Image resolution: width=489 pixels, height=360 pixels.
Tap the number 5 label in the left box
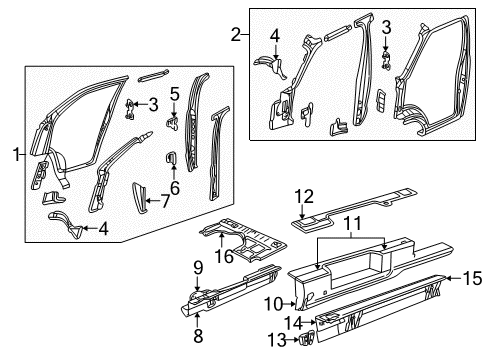(173, 95)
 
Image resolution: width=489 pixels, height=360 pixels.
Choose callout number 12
(304, 195)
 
